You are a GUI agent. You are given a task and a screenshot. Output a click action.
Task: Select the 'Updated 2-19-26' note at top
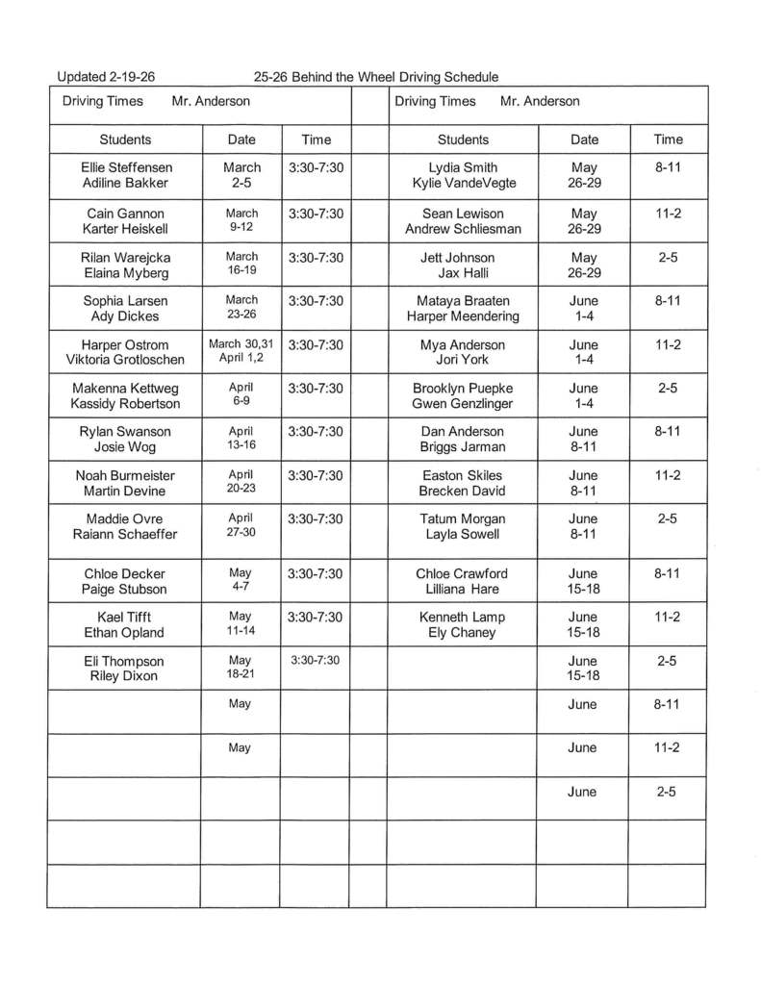[106, 77]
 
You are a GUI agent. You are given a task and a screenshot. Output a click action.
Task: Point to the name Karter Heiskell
[125, 228]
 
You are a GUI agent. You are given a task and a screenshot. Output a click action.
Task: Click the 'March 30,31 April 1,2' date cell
[241, 352]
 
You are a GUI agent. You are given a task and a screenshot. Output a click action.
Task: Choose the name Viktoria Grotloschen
[125, 360]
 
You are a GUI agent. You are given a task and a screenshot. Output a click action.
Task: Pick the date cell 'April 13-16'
[241, 439]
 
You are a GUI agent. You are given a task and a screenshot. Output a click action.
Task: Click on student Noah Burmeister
[125, 475]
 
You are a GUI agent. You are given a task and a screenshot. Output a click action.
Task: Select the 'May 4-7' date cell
[241, 581]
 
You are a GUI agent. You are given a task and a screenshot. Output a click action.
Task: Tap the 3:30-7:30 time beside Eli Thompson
[316, 661]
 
